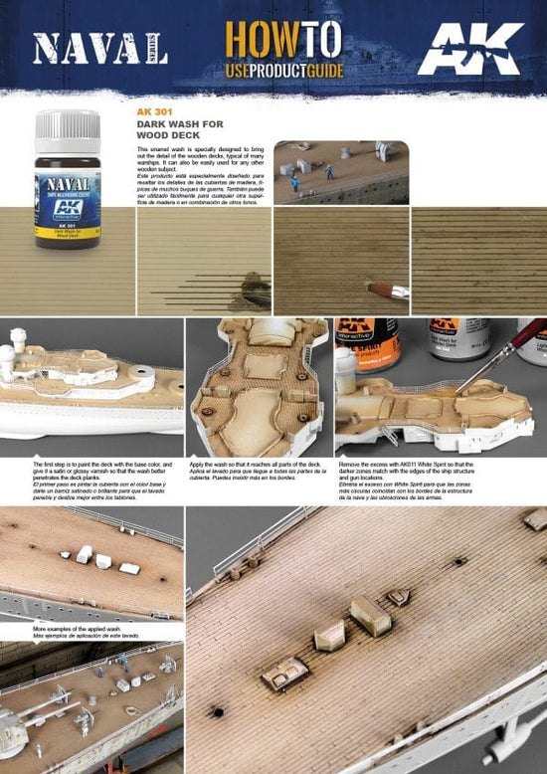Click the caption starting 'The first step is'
[x=90, y=472]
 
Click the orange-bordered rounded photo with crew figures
[x=340, y=172]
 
